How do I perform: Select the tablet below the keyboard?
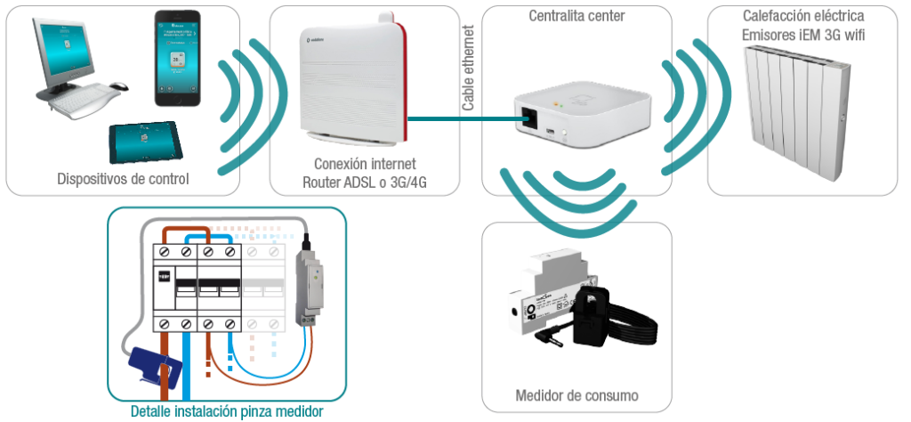pos(144,140)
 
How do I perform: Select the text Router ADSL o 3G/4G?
pos(365,183)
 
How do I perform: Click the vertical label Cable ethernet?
pos(468,69)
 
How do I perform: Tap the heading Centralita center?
pos(576,16)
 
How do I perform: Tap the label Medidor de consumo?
pos(576,395)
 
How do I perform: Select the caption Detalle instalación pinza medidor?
pos(226,412)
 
